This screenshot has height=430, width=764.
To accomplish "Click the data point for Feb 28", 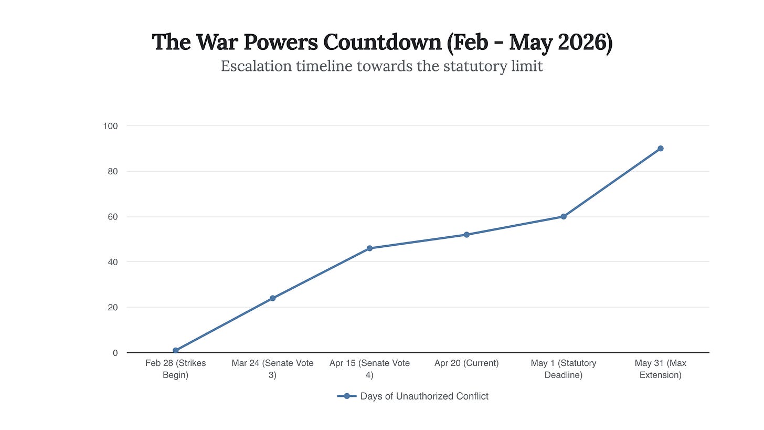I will pos(175,350).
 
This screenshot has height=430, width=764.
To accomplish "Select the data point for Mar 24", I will pos(272,298).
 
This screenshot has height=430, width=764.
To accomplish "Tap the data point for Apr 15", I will pos(369,248).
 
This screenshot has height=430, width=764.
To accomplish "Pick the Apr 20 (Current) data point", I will pos(466,235).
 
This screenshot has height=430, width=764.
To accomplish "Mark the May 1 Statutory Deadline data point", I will pos(564,216).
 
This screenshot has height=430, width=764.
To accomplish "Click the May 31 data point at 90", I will pos(660,149).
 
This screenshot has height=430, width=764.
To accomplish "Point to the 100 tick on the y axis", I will pos(111,126).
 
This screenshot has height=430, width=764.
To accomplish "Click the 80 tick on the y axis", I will pos(113,171).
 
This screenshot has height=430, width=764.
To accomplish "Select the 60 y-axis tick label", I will pos(113,217).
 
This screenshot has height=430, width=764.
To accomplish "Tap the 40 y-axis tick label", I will pos(113,262).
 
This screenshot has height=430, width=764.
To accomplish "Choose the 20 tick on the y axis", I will pos(113,307).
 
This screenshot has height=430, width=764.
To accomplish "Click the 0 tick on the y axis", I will pos(115,353).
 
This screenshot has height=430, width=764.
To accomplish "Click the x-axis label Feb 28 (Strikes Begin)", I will pos(175,369).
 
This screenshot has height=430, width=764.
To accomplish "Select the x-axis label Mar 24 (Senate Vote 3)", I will pos(272,369).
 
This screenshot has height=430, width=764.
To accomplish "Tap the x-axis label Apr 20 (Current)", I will pos(466,363).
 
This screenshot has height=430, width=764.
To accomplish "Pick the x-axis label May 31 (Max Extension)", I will pos(660,369).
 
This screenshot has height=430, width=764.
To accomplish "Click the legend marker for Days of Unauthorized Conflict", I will pos(347,396).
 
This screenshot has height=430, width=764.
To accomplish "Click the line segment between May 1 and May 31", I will pos(612,183).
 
